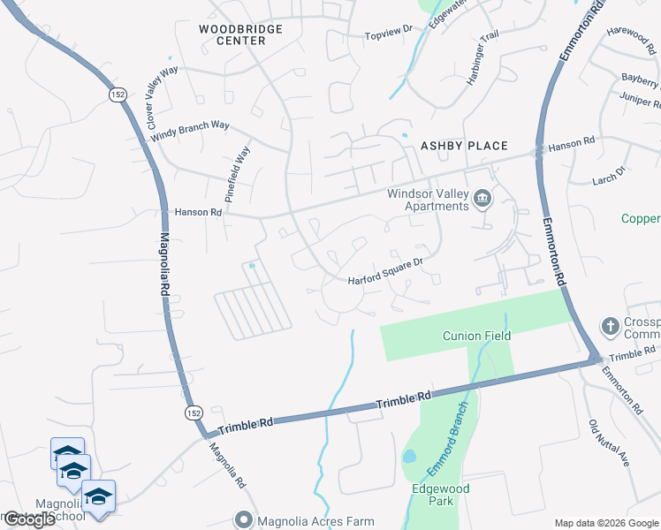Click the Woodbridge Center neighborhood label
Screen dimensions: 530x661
pyautogui.click(x=240, y=35)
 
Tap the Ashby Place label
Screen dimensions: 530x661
pyautogui.click(x=464, y=146)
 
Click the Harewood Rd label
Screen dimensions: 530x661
pyautogui.click(x=630, y=33)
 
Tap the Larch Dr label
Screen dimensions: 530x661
pyautogui.click(x=610, y=175)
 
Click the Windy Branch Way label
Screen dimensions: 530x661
pyautogui.click(x=190, y=132)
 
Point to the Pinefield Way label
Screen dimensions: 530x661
pyautogui.click(x=238, y=174)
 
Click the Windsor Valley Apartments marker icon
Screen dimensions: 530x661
pyautogui.click(x=482, y=198)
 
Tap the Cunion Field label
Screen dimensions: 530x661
pyautogui.click(x=477, y=336)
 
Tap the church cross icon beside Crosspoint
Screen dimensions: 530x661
pyautogui.click(x=610, y=327)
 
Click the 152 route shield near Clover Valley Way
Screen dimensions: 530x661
pyautogui.click(x=116, y=94)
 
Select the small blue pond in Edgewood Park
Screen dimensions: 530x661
pyautogui.click(x=409, y=458)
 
